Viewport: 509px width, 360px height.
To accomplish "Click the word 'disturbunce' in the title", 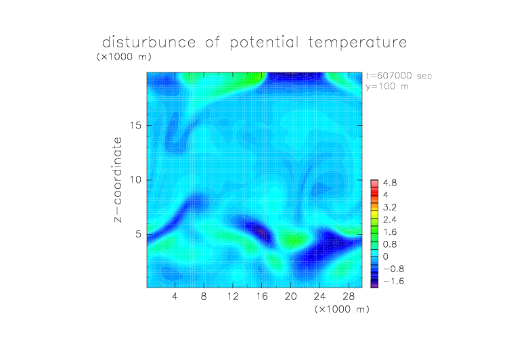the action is click(x=149, y=42).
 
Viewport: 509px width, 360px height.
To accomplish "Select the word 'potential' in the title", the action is click(x=264, y=43).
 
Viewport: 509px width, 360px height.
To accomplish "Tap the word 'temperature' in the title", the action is click(x=357, y=43).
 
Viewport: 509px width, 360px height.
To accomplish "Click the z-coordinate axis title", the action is click(x=118, y=179).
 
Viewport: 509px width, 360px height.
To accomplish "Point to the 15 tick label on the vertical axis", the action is click(x=135, y=125).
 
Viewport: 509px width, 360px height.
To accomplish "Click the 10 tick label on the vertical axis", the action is click(x=135, y=180).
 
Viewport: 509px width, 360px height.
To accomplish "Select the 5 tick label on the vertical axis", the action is click(x=139, y=234).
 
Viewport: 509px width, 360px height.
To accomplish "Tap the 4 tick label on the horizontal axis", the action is click(x=175, y=296).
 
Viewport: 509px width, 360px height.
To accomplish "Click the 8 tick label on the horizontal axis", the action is click(x=204, y=296).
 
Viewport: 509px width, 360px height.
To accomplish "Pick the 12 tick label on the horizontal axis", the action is click(x=233, y=296).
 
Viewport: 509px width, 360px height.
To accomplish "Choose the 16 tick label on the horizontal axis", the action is click(x=262, y=296).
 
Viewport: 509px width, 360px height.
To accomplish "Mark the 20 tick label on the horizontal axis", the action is click(x=291, y=296).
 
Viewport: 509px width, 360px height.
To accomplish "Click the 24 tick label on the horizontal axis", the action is click(x=319, y=296).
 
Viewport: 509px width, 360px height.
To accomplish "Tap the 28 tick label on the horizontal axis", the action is click(x=349, y=296).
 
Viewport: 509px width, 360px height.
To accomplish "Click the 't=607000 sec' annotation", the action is click(x=399, y=76).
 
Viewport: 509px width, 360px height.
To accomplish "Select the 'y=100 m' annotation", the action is click(x=387, y=87).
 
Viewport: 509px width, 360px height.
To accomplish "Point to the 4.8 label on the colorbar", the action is click(x=390, y=183).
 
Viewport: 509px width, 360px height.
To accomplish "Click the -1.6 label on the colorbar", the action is click(x=393, y=281).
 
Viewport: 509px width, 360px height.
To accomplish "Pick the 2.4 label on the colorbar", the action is click(x=390, y=220).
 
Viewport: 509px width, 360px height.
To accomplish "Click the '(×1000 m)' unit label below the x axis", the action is click(x=342, y=309).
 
